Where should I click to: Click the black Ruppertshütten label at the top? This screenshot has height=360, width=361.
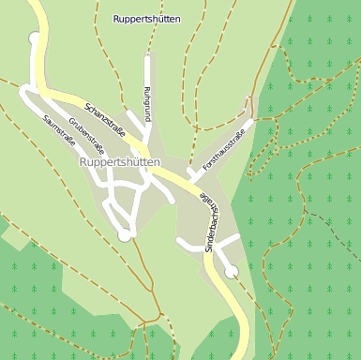[x=147, y=19]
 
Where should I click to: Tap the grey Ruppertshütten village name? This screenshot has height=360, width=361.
[x=119, y=162]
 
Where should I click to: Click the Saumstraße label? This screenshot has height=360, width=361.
[x=59, y=128]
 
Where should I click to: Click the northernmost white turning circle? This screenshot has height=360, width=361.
[x=36, y=38]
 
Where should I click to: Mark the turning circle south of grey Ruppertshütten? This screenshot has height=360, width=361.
[x=125, y=235]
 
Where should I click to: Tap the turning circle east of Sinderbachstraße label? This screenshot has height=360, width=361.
[x=231, y=272]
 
